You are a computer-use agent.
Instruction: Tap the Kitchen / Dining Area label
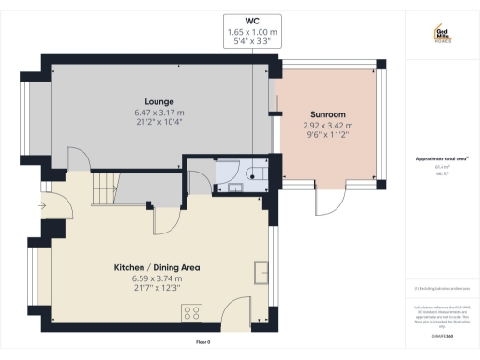pos(157,267)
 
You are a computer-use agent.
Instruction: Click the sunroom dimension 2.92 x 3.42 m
pos(327,125)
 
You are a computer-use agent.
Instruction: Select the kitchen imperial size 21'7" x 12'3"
pos(157,288)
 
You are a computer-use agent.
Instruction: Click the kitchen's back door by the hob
pos(232,314)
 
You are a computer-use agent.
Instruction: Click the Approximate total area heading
pos(442,158)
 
